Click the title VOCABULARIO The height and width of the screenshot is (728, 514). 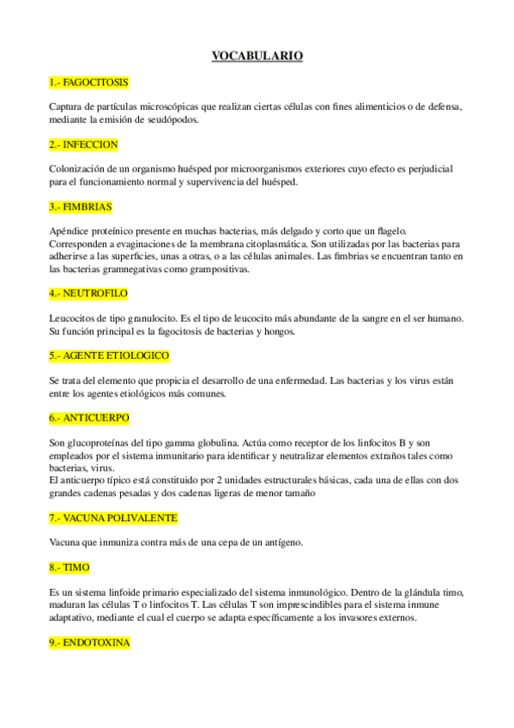[257, 57]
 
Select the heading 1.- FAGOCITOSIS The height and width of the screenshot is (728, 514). [88, 82]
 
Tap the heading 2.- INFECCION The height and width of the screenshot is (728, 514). [83, 144]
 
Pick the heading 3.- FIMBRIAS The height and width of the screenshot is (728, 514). [81, 207]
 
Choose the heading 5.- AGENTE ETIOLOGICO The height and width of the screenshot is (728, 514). [109, 355]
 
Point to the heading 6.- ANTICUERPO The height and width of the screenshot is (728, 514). [89, 417]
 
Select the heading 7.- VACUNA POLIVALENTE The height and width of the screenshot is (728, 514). [113, 518]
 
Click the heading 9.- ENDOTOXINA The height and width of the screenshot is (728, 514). [89, 642]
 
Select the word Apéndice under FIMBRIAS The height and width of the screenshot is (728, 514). [70, 232]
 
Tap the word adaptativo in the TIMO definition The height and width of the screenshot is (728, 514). [76, 617]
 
